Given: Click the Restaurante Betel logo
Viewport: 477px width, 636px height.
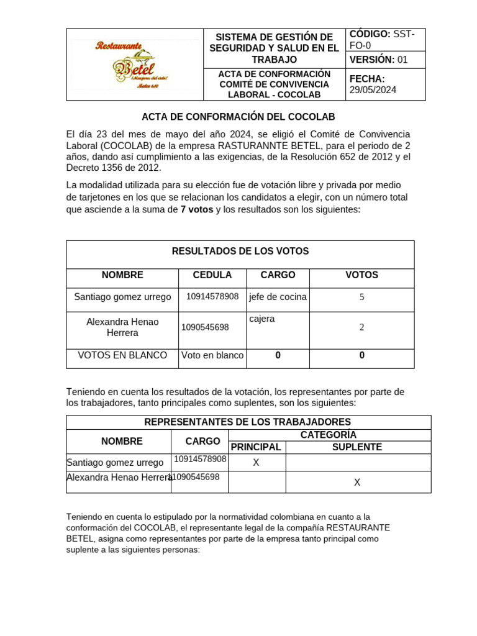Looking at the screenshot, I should click(135, 65).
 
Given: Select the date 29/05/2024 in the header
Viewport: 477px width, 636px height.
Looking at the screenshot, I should click(373, 90).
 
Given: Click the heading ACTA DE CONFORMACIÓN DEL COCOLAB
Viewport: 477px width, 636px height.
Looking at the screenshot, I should click(238, 117).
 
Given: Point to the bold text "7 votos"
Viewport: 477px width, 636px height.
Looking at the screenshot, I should click(197, 210).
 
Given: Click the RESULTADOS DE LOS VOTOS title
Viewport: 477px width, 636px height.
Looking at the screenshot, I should click(240, 252).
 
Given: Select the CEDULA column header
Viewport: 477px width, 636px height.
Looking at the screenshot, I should click(212, 275).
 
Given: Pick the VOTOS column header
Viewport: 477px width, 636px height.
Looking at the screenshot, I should click(361, 275).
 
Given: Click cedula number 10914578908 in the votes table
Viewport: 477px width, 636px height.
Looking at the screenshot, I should click(212, 297).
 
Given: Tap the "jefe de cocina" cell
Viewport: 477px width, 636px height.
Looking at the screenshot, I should click(278, 297).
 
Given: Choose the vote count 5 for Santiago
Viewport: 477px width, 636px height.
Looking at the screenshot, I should click(361, 298).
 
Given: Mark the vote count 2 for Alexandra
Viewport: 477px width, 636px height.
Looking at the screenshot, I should click(361, 328).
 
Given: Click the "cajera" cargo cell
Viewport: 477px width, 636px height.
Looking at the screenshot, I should click(262, 319).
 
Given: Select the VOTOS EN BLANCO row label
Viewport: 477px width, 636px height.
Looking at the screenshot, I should click(122, 356).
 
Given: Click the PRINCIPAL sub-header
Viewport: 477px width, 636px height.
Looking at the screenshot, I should click(256, 447).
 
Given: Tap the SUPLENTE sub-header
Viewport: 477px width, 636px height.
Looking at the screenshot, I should click(357, 447).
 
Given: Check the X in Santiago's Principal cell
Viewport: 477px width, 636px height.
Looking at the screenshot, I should click(256, 463).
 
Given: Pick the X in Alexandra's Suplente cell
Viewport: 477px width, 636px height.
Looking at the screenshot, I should click(357, 483).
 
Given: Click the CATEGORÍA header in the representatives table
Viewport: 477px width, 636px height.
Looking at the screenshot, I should click(329, 435).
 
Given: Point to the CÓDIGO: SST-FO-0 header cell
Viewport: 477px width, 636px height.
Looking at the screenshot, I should click(385, 39).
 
